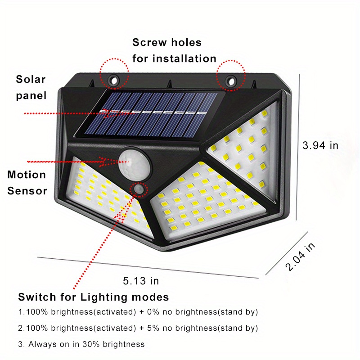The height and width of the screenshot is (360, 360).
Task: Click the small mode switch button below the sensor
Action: click(x=138, y=191)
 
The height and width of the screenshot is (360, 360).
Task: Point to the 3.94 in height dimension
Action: click(x=320, y=145)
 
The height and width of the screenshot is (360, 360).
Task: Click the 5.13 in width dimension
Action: click(x=141, y=281)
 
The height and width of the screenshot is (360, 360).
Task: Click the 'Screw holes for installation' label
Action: click(x=174, y=50)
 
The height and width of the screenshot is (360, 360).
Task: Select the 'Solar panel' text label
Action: click(x=31, y=87)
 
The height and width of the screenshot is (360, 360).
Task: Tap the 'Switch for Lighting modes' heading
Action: click(x=94, y=297)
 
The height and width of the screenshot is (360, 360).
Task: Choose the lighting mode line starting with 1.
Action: click(x=138, y=311)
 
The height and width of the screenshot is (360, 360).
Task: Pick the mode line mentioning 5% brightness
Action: click(x=138, y=328)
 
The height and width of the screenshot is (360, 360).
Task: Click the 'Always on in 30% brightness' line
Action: click(x=81, y=344)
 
